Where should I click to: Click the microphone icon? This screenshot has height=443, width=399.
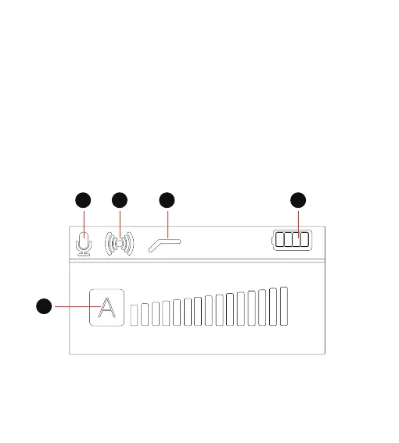tap(84, 244)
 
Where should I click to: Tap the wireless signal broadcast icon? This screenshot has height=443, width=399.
tap(120, 243)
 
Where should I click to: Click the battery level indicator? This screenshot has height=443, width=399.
tap(292, 240)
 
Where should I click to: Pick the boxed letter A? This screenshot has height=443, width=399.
tap(106, 307)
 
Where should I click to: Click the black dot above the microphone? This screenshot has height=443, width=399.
tap(83, 200)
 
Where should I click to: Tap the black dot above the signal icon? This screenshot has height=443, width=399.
tap(120, 200)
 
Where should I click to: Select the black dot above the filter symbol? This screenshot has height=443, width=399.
tap(167, 200)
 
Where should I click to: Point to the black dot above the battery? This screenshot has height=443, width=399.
tap(298, 200)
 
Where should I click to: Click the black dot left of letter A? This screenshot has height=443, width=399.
tap(44, 306)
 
